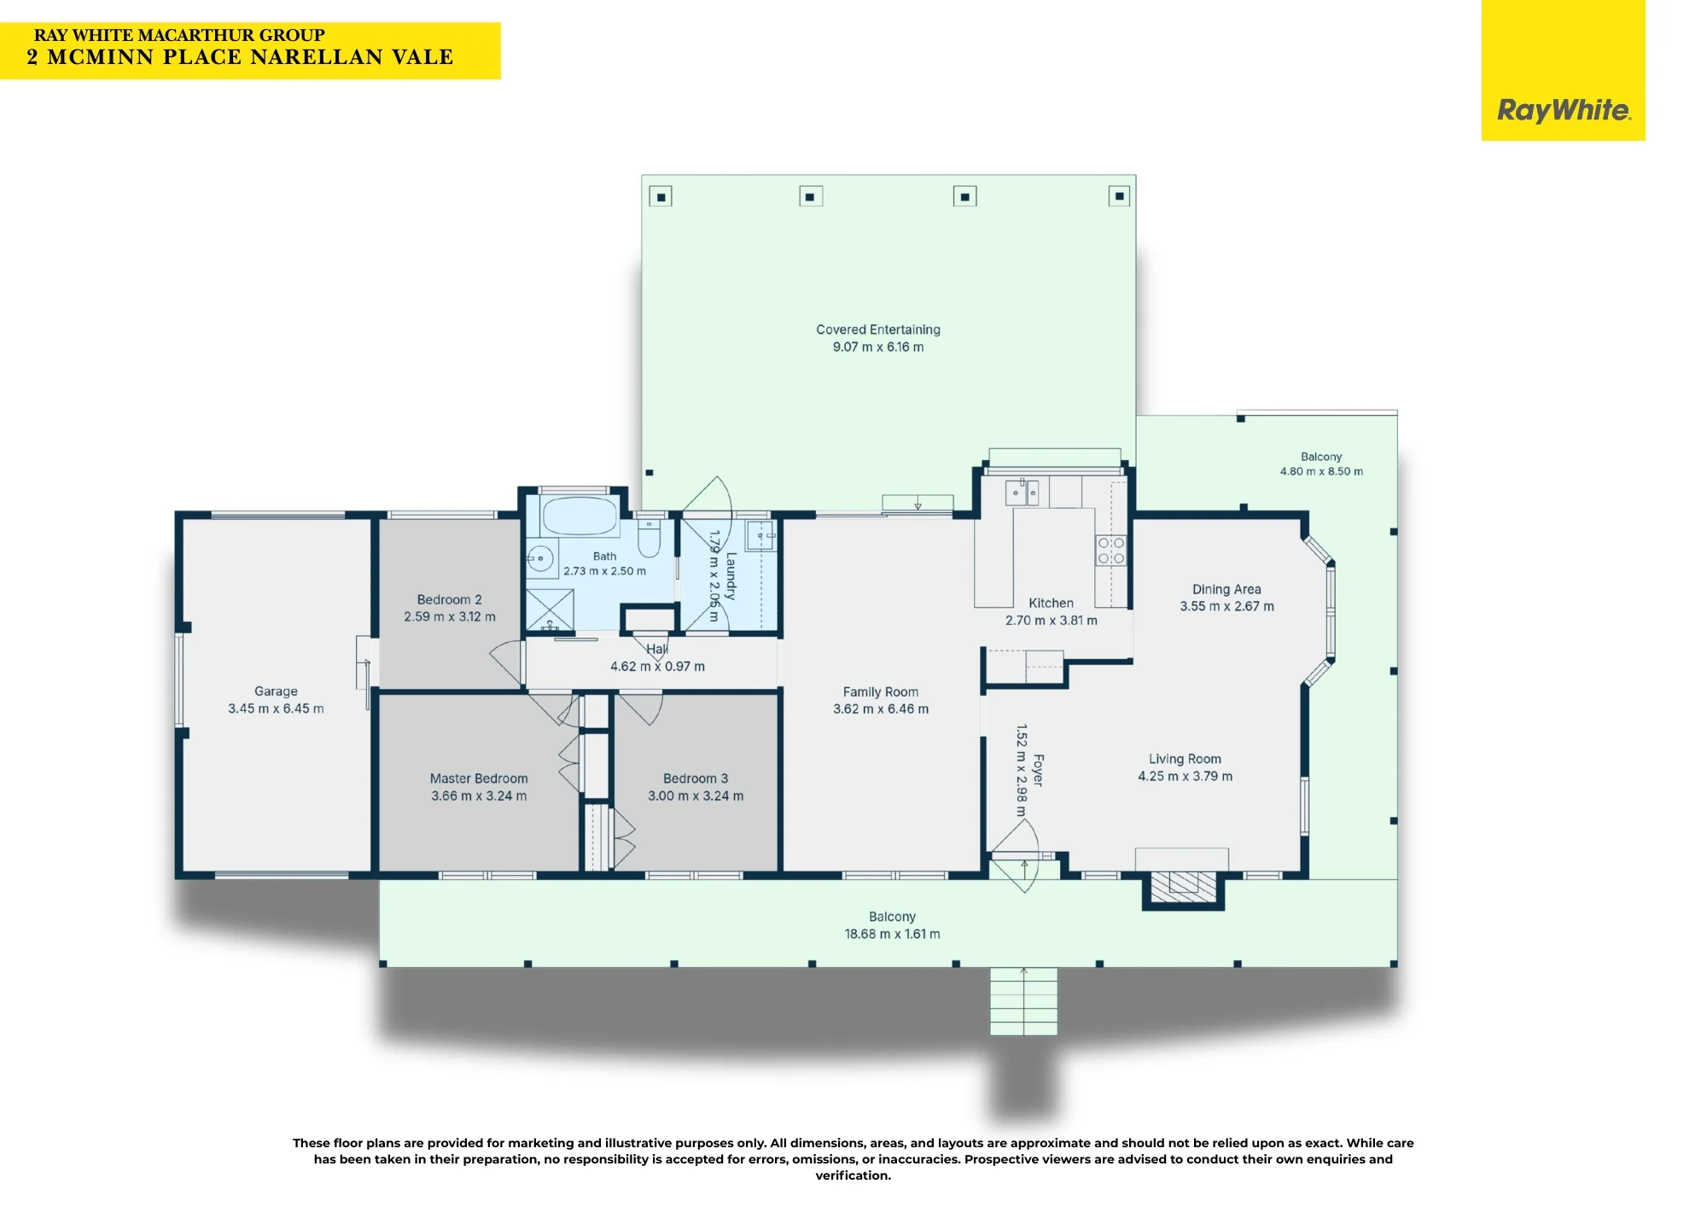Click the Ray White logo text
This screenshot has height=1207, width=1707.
pyautogui.click(x=1564, y=111)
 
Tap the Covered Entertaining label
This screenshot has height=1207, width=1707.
pyautogui.click(x=878, y=329)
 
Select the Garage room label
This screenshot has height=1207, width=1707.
pyautogui.click(x=276, y=691)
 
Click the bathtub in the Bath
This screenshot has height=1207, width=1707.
pyautogui.click(x=580, y=516)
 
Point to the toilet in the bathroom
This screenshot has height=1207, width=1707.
pyautogui.click(x=650, y=535)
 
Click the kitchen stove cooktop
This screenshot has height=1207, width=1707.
pyautogui.click(x=1111, y=551)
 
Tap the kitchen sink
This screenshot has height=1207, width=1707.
pyautogui.click(x=1022, y=493)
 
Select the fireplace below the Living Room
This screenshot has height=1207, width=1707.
pyautogui.click(x=1183, y=887)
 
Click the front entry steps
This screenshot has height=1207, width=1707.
pyautogui.click(x=1023, y=1001)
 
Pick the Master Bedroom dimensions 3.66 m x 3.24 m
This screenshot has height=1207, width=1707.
pyautogui.click(x=479, y=796)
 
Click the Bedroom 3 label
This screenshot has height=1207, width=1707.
pyautogui.click(x=696, y=778)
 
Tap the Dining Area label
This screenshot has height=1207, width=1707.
pyautogui.click(x=1226, y=589)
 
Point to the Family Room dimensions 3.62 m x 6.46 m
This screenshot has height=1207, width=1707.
pyautogui.click(x=881, y=709)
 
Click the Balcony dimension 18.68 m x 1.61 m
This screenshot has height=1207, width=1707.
pyautogui.click(x=892, y=935)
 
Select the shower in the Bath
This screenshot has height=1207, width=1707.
pyautogui.click(x=550, y=609)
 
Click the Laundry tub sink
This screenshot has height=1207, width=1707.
pyautogui.click(x=760, y=536)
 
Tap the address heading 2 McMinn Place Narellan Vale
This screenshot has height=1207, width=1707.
pyautogui.click(x=240, y=57)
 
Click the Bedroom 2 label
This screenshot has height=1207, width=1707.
pyautogui.click(x=449, y=599)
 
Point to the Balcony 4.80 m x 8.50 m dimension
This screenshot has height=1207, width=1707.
pyautogui.click(x=1321, y=471)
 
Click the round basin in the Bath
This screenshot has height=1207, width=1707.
pyautogui.click(x=539, y=559)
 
